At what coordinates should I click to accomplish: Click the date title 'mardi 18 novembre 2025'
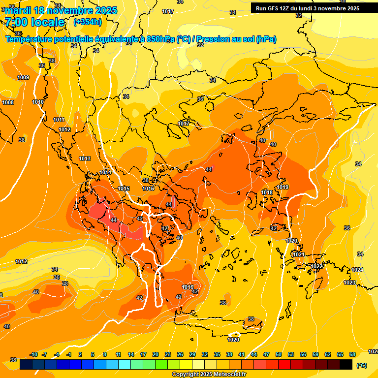62,10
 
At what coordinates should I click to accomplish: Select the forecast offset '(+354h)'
88,22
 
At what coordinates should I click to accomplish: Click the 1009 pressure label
23,77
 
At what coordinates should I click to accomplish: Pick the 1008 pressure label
8,102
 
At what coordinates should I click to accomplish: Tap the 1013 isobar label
85,158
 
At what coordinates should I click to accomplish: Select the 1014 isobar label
105,172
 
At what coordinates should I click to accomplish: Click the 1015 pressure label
124,189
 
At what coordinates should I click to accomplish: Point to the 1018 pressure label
267,192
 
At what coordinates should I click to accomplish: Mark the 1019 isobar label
283,187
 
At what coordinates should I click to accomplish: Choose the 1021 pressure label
298,254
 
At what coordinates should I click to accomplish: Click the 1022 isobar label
316,266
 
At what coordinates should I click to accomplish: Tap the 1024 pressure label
357,270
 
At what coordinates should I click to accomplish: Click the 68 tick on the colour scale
352,355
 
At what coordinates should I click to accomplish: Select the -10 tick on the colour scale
33,355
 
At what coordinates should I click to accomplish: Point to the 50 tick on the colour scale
279,355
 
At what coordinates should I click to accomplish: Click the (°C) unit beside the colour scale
362,365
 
